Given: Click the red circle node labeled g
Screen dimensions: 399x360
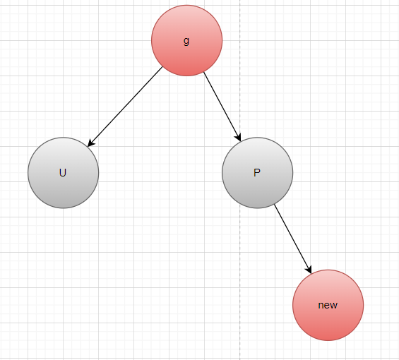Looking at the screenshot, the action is pos(186,40).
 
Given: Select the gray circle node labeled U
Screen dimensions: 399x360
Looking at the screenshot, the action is pos(64,173).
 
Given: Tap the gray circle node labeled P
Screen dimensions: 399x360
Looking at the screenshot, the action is pos(258,173).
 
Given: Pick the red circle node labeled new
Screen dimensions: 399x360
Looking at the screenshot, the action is pos(328,305).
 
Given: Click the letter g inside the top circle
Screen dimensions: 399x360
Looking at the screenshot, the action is pos(186,41).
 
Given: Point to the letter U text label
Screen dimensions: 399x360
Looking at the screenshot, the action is pos(63,173).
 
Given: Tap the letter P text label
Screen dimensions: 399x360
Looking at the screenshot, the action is pos(257,173).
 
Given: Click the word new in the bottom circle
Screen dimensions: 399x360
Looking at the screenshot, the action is pos(328,305).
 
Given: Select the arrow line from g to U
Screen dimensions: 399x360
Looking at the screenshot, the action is pos(125,107).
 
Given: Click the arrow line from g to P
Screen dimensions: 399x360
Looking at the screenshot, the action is pos(222,107).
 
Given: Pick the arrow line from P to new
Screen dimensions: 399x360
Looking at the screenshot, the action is pos(293,239).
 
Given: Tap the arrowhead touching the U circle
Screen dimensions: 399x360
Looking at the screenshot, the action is pos(90,143).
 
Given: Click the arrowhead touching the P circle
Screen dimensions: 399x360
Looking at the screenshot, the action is pos(238,137).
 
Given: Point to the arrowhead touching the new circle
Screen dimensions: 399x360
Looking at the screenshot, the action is pos(309,270).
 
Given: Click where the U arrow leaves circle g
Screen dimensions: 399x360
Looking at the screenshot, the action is pos(162,66).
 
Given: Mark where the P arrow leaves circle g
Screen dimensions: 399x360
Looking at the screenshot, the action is pos(204,72).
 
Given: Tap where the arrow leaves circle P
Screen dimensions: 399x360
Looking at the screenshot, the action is pos(275,205).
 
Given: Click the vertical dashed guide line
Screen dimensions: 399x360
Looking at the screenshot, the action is pos(239,180).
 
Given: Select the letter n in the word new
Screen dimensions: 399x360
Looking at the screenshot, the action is pos(321,305).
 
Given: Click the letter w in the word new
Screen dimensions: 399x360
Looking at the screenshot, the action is pos(334,305).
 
